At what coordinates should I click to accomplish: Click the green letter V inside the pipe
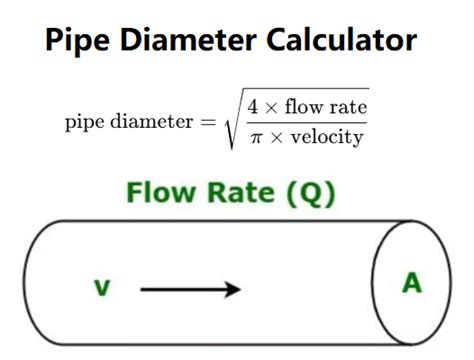101,289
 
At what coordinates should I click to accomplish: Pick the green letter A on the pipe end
412,285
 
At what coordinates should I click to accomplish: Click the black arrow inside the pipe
190,289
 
